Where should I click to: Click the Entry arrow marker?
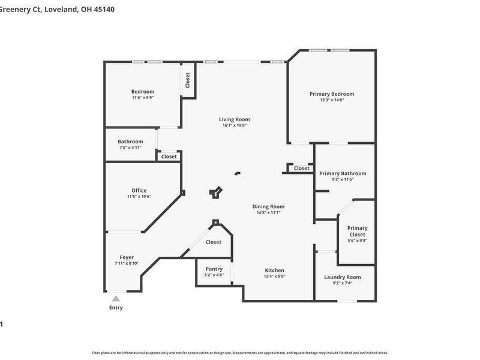[116, 298]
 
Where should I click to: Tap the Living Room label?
[234, 119]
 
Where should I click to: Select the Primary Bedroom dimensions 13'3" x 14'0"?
[332, 100]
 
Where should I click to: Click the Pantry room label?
[214, 269]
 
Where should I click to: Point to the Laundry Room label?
[343, 277]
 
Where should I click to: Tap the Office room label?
[139, 191]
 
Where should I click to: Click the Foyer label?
[127, 257]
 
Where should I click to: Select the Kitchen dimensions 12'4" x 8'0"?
[275, 277]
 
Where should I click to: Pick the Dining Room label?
[268, 206]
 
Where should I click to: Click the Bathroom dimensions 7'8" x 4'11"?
[130, 148]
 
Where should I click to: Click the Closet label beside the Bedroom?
[187, 80]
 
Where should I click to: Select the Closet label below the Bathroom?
[169, 157]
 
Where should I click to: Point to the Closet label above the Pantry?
[214, 242]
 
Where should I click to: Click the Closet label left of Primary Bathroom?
[302, 169]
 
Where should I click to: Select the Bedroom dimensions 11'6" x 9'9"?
[143, 98]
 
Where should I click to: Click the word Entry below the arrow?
[116, 308]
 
